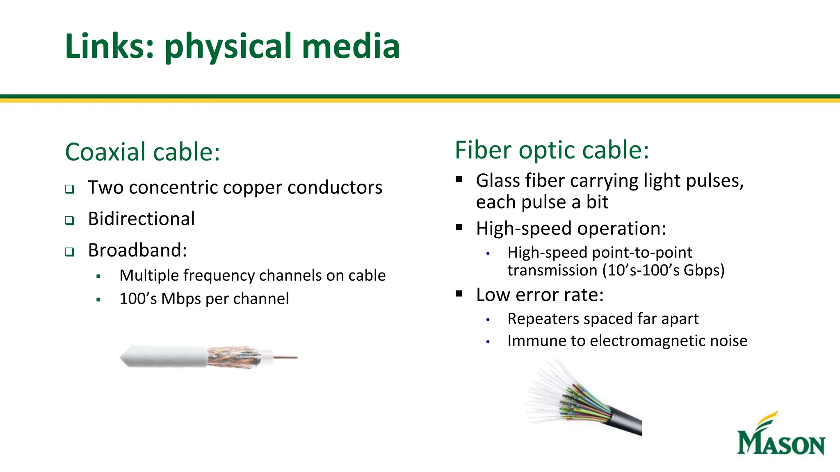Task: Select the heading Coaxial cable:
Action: [142, 152]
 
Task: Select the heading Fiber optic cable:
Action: [552, 150]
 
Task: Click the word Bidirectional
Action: [141, 219]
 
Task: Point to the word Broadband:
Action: [137, 250]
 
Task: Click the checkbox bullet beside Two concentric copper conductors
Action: [70, 189]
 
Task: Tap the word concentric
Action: [173, 188]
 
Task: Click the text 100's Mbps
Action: [160, 299]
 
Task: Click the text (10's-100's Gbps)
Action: [663, 270]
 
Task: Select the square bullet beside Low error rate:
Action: [459, 294]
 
